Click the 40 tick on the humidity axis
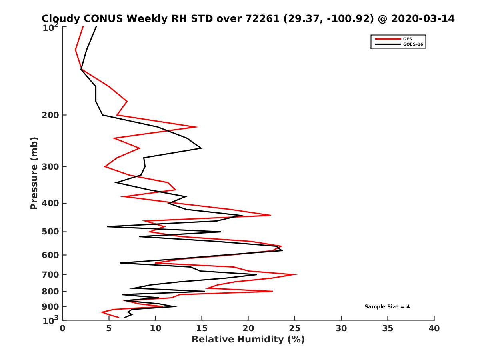434,328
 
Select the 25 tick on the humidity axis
295,328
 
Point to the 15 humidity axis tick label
202,328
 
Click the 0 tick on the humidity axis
63,328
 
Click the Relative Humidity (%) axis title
248,340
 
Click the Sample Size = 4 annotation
387,307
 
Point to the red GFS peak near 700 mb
296,274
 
